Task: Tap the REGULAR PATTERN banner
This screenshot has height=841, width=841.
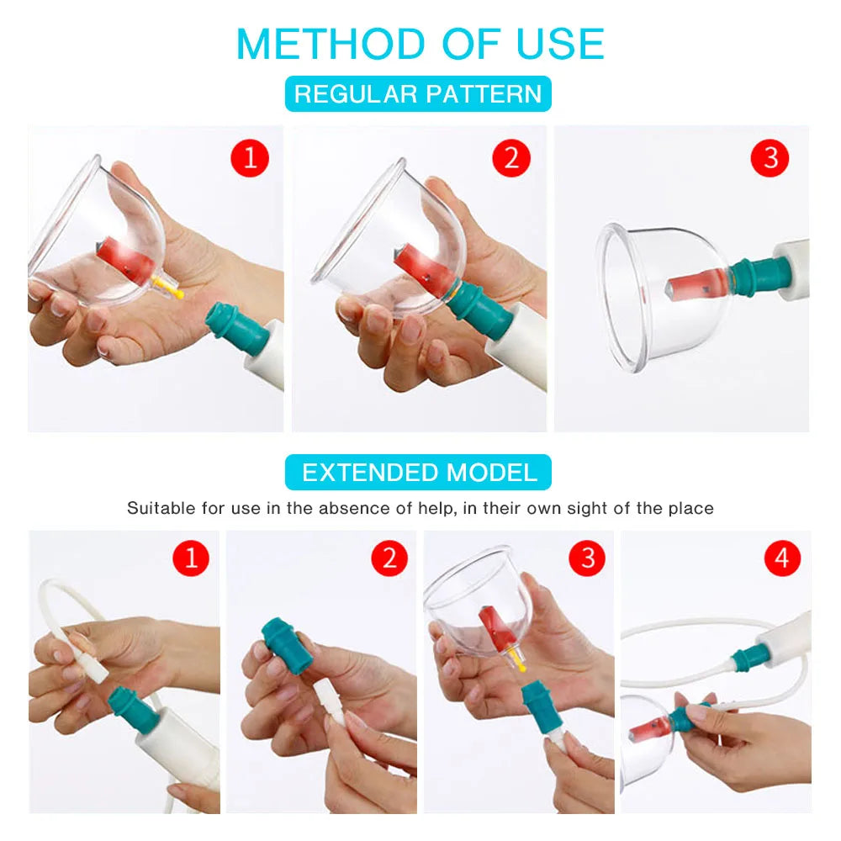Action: click(418, 93)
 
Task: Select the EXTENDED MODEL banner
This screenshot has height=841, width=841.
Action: click(418, 473)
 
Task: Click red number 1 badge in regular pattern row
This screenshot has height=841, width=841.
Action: click(249, 158)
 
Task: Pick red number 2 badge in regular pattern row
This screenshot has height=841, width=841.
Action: click(512, 158)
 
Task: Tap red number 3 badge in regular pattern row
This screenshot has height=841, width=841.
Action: click(770, 158)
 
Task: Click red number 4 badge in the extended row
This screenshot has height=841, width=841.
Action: click(782, 558)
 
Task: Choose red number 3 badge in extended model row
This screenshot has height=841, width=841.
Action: click(587, 558)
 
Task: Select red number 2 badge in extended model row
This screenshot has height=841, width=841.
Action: click(389, 558)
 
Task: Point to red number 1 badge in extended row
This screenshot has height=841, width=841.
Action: click(191, 558)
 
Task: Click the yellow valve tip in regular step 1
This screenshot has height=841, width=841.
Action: click(171, 290)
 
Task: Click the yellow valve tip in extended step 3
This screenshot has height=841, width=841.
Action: click(519, 663)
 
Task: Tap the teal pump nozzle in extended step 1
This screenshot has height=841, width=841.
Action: click(126, 703)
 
